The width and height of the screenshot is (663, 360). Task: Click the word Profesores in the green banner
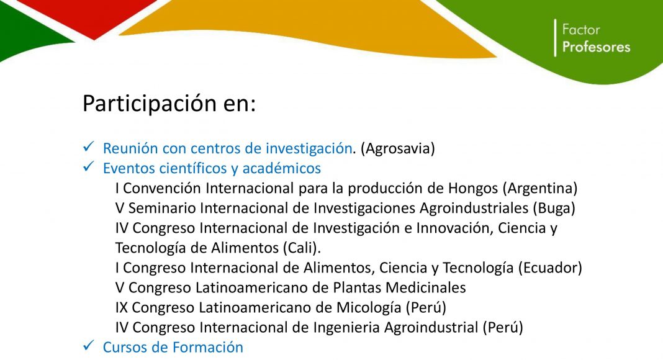tap(596, 47)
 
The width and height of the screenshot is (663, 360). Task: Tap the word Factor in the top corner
tap(581, 30)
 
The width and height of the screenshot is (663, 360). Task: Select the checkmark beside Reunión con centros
tap(88, 147)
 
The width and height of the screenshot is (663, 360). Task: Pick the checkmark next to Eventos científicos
tap(88, 167)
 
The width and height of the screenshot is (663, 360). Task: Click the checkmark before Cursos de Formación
tap(88, 346)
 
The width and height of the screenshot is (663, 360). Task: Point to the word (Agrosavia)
tap(397, 148)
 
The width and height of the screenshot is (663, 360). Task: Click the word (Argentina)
tap(540, 188)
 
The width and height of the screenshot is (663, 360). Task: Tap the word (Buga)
tap(554, 208)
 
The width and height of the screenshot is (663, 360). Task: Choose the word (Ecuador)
tap(550, 268)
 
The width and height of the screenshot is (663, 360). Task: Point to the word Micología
tap(369, 308)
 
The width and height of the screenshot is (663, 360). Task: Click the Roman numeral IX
tap(121, 307)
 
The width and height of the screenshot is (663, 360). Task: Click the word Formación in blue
tap(208, 348)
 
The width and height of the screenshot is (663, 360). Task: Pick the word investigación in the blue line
tap(309, 149)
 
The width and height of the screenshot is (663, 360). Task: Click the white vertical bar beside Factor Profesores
tap(555, 38)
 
